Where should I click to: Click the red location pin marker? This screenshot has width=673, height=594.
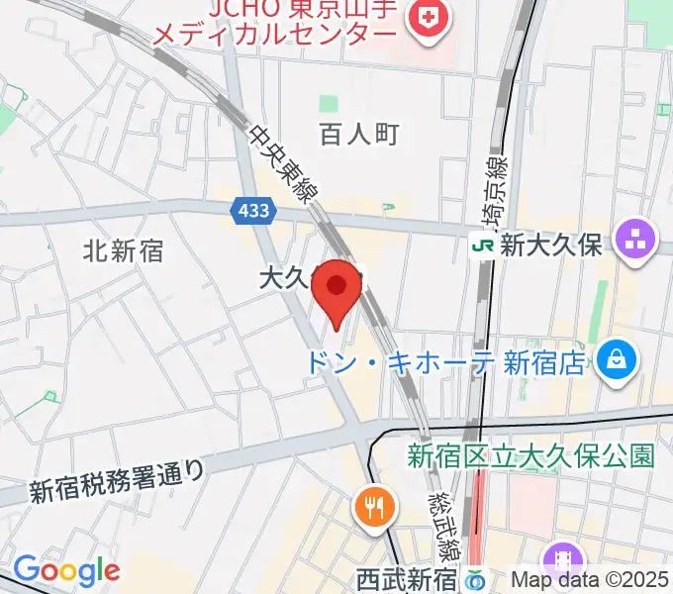[336, 288]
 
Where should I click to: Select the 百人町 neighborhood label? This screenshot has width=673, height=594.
[359, 135]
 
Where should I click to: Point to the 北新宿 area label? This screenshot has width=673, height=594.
[124, 251]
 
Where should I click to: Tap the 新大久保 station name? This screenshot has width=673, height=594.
[551, 247]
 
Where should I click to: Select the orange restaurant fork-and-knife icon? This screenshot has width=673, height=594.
[373, 509]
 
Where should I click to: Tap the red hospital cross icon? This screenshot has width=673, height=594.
[430, 17]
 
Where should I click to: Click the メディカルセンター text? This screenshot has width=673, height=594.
[273, 36]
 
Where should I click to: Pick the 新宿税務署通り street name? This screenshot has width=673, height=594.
[116, 478]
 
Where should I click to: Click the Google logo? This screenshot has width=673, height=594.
[66, 570]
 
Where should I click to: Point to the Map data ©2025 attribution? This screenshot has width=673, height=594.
[591, 579]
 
